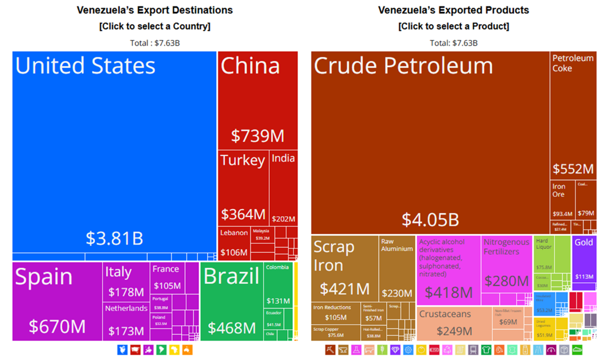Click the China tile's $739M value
tap(257, 136)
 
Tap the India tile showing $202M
tap(283, 187)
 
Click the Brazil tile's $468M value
tap(231, 328)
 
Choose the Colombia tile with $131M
tap(278, 283)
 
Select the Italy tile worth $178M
tap(126, 281)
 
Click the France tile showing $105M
tap(167, 278)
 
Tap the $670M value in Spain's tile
tap(57, 326)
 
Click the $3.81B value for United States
tap(114, 238)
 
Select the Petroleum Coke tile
tap(573, 114)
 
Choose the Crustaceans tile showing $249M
tap(454, 323)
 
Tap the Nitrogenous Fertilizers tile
tap(506, 265)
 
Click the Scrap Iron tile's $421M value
tap(344, 289)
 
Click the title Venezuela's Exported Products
tap(454, 10)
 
